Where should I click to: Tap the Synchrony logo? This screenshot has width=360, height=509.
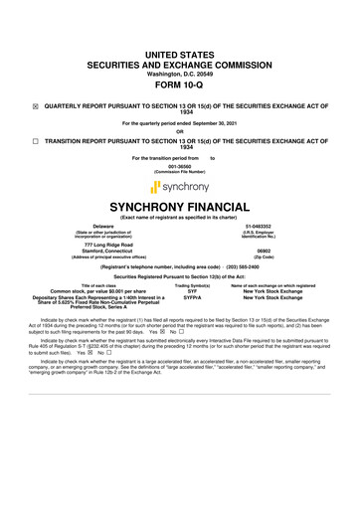pos(179,186)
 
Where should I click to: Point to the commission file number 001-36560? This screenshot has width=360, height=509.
pos(179,167)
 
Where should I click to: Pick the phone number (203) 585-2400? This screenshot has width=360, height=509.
pos(250,267)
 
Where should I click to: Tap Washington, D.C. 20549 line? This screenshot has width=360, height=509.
pos(179,45)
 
